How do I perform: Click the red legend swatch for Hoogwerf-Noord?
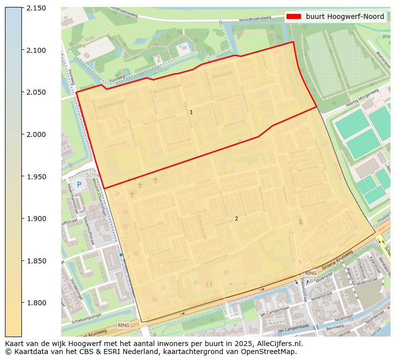pyautogui.click(x=294, y=16)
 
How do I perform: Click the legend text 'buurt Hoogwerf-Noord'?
pyautogui.click(x=345, y=16)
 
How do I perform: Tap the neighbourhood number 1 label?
pyautogui.click(x=191, y=113)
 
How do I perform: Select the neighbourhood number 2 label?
pyautogui.click(x=236, y=219)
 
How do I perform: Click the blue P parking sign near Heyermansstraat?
pyautogui.click(x=79, y=185)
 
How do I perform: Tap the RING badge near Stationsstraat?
pyautogui.click(x=310, y=273)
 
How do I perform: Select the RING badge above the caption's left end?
pyautogui.click(x=123, y=325)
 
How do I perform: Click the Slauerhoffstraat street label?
pyautogui.click(x=90, y=232)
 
